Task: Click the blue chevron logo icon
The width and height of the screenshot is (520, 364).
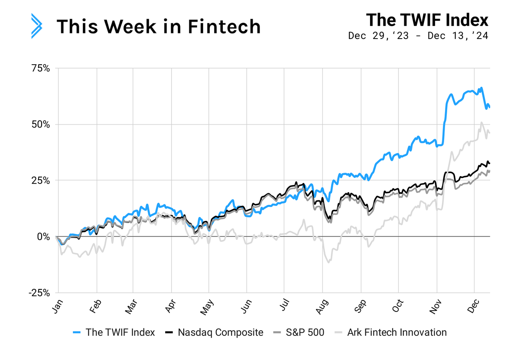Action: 37,26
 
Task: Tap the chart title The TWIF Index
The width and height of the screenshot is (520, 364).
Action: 427,20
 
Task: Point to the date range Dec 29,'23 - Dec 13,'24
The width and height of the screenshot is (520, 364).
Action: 418,36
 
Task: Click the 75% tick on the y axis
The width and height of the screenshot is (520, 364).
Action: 41,69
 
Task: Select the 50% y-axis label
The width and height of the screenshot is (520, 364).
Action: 41,125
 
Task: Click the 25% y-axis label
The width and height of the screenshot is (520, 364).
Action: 41,180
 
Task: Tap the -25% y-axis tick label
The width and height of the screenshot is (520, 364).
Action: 39,293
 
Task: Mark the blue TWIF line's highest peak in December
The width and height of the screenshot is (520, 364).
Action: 481,88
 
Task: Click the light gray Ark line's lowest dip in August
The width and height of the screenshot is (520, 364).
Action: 329,262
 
